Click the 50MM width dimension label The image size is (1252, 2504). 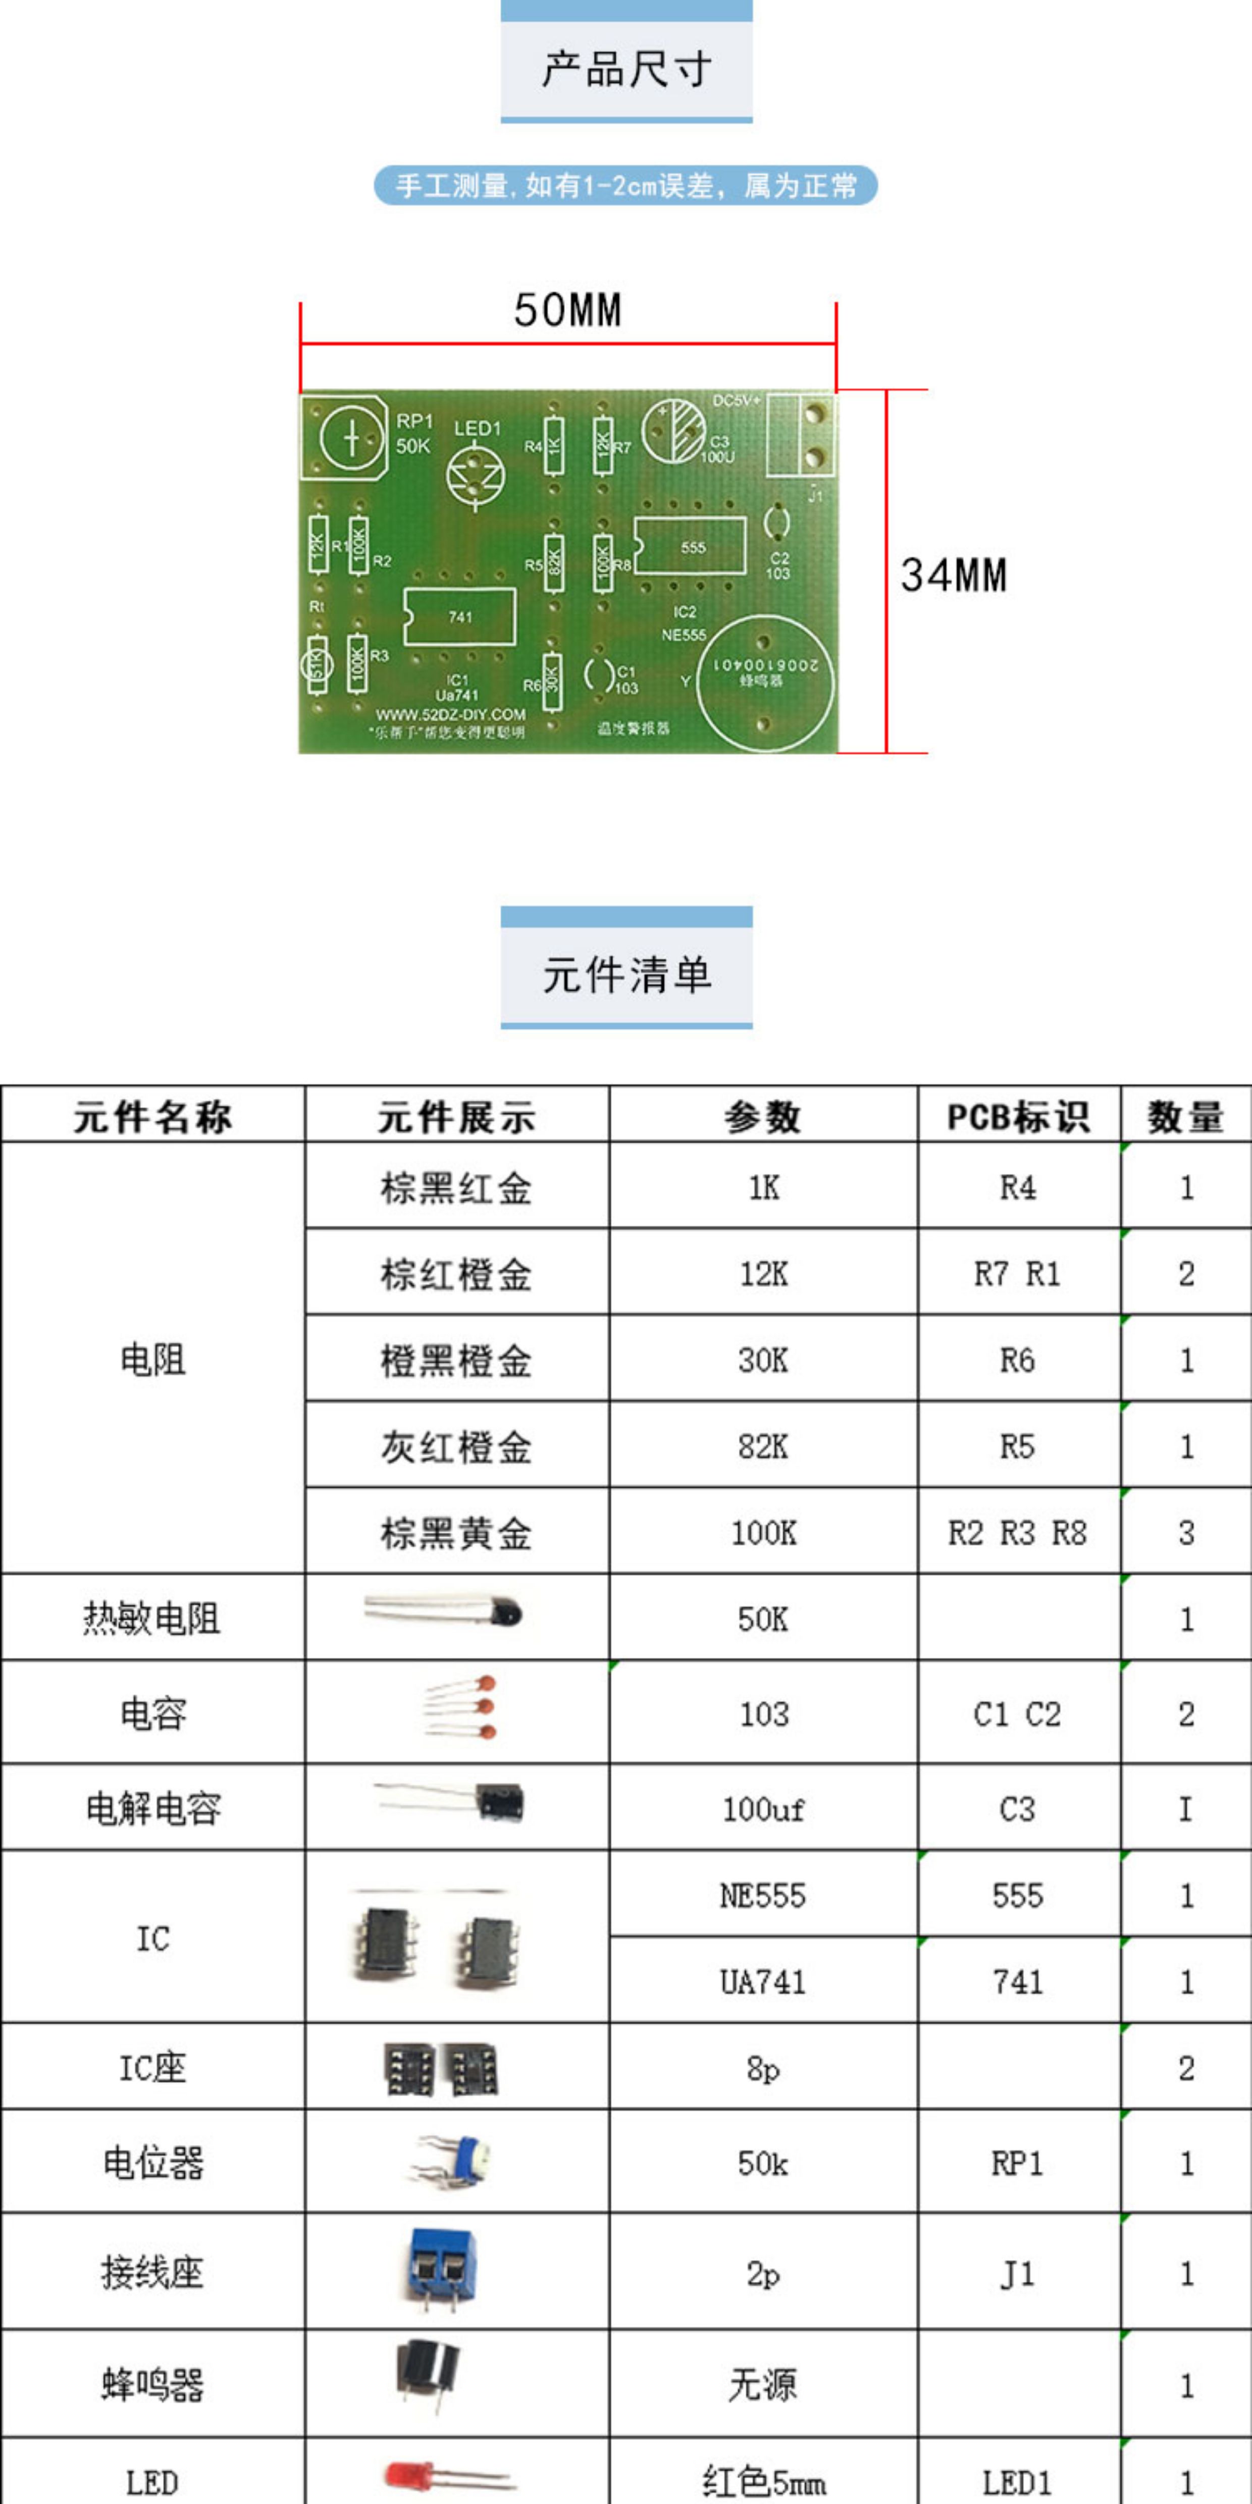[567, 310]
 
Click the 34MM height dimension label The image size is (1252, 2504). [954, 575]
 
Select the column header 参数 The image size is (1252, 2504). [763, 1116]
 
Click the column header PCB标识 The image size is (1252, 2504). [1018, 1116]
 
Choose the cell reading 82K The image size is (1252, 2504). [763, 1446]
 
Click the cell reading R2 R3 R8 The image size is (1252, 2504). [1018, 1533]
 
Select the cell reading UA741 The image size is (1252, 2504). [763, 1981]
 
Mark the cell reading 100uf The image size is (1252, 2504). [763, 1809]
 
